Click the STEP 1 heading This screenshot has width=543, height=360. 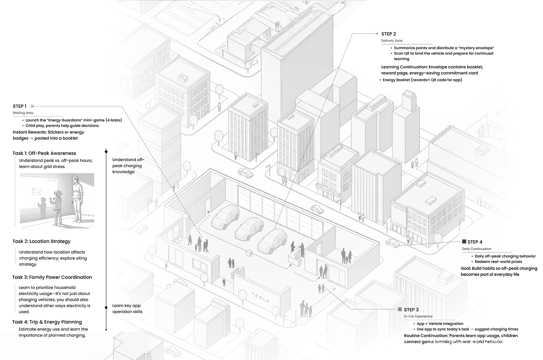pos(20,107)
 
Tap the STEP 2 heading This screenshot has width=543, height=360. pos(388,34)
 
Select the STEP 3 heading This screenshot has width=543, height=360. pos(411,310)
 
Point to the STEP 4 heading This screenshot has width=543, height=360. pos(475,242)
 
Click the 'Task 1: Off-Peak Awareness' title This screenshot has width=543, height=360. pos(44,153)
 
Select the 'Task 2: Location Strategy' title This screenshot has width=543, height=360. pos(41,241)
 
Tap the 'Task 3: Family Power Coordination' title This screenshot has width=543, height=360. pos(52,277)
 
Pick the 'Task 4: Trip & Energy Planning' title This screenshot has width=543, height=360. pos(47,322)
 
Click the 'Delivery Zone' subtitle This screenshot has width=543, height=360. pos(392,40)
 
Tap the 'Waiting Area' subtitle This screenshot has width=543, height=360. pos(23,113)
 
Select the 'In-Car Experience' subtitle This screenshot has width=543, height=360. pos(418,316)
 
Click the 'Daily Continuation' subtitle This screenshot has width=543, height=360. pos(477,249)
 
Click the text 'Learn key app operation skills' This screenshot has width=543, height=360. pos(127,308)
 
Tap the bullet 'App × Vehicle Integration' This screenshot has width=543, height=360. pos(440,324)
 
